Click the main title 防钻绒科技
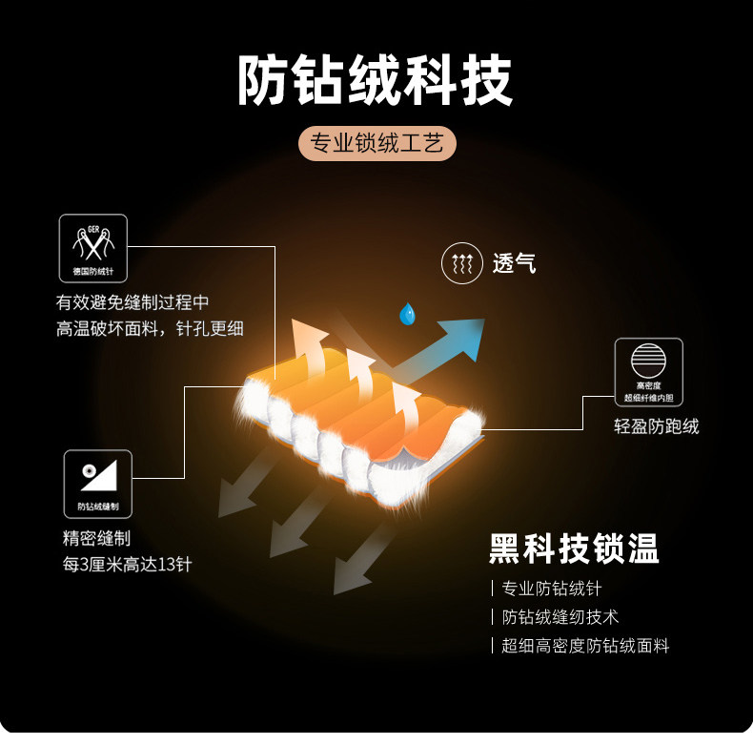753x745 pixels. point(376,80)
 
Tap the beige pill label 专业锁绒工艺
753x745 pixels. point(376,144)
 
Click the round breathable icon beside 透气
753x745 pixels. point(462,263)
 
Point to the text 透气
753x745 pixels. point(515,264)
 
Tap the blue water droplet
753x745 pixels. point(408,314)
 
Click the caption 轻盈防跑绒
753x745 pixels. point(657,426)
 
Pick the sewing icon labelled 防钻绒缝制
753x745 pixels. point(97,484)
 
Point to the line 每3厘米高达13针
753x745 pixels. point(128,564)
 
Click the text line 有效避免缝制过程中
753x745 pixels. point(132,303)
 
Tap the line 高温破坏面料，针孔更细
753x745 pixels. point(150,329)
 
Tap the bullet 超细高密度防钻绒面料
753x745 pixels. point(585,646)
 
